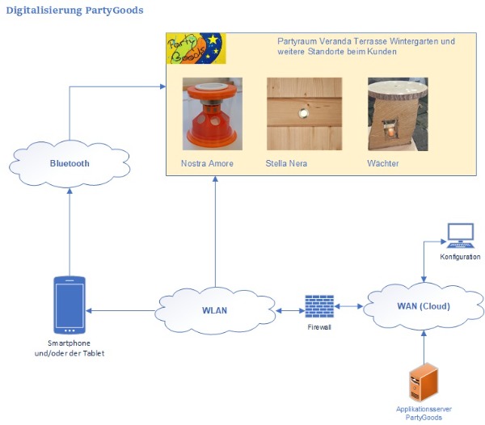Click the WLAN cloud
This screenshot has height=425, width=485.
pyautogui.click(x=214, y=310)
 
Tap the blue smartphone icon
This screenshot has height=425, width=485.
pyautogui.click(x=70, y=305)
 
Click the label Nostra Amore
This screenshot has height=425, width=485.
pyautogui.click(x=206, y=163)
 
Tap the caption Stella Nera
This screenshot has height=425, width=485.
pyautogui.click(x=286, y=163)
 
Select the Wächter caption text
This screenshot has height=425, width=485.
pyautogui.click(x=383, y=163)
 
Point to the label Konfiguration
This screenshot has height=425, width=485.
pyautogui.click(x=461, y=257)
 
